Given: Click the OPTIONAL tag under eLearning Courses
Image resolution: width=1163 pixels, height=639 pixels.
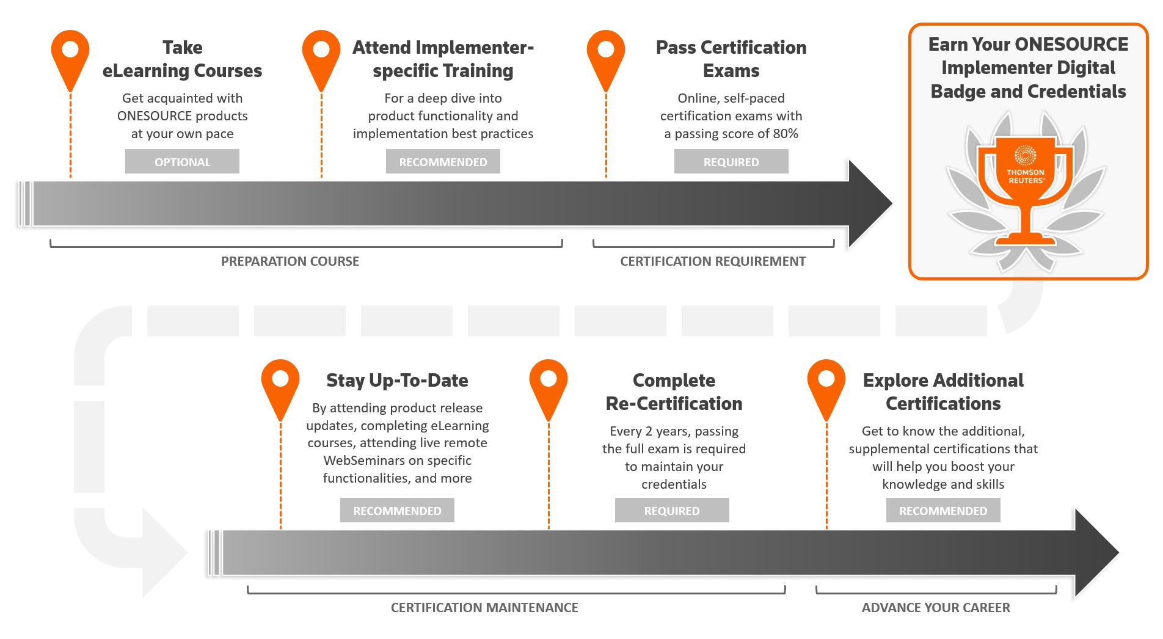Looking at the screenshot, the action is click(182, 162).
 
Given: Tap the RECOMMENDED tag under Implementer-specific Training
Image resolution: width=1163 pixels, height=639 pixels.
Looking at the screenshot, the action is click(443, 162).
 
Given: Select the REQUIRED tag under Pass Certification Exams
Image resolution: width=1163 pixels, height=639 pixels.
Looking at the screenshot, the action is click(731, 162).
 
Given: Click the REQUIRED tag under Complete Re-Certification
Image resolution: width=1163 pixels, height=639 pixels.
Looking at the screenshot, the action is click(672, 511).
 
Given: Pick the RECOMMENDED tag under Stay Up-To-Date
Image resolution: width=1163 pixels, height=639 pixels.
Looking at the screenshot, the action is click(397, 511).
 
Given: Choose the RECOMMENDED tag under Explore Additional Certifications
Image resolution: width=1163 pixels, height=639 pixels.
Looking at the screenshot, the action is click(943, 511).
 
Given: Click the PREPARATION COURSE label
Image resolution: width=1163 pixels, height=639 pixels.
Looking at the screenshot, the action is click(290, 261).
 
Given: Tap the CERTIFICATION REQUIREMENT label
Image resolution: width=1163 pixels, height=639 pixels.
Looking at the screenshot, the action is click(713, 261).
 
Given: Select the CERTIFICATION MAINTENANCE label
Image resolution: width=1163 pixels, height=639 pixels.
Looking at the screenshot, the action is click(484, 608).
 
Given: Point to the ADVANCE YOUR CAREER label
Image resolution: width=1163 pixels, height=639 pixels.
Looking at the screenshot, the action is click(936, 608).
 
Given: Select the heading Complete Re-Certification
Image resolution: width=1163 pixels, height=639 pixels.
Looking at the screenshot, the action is click(674, 392).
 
